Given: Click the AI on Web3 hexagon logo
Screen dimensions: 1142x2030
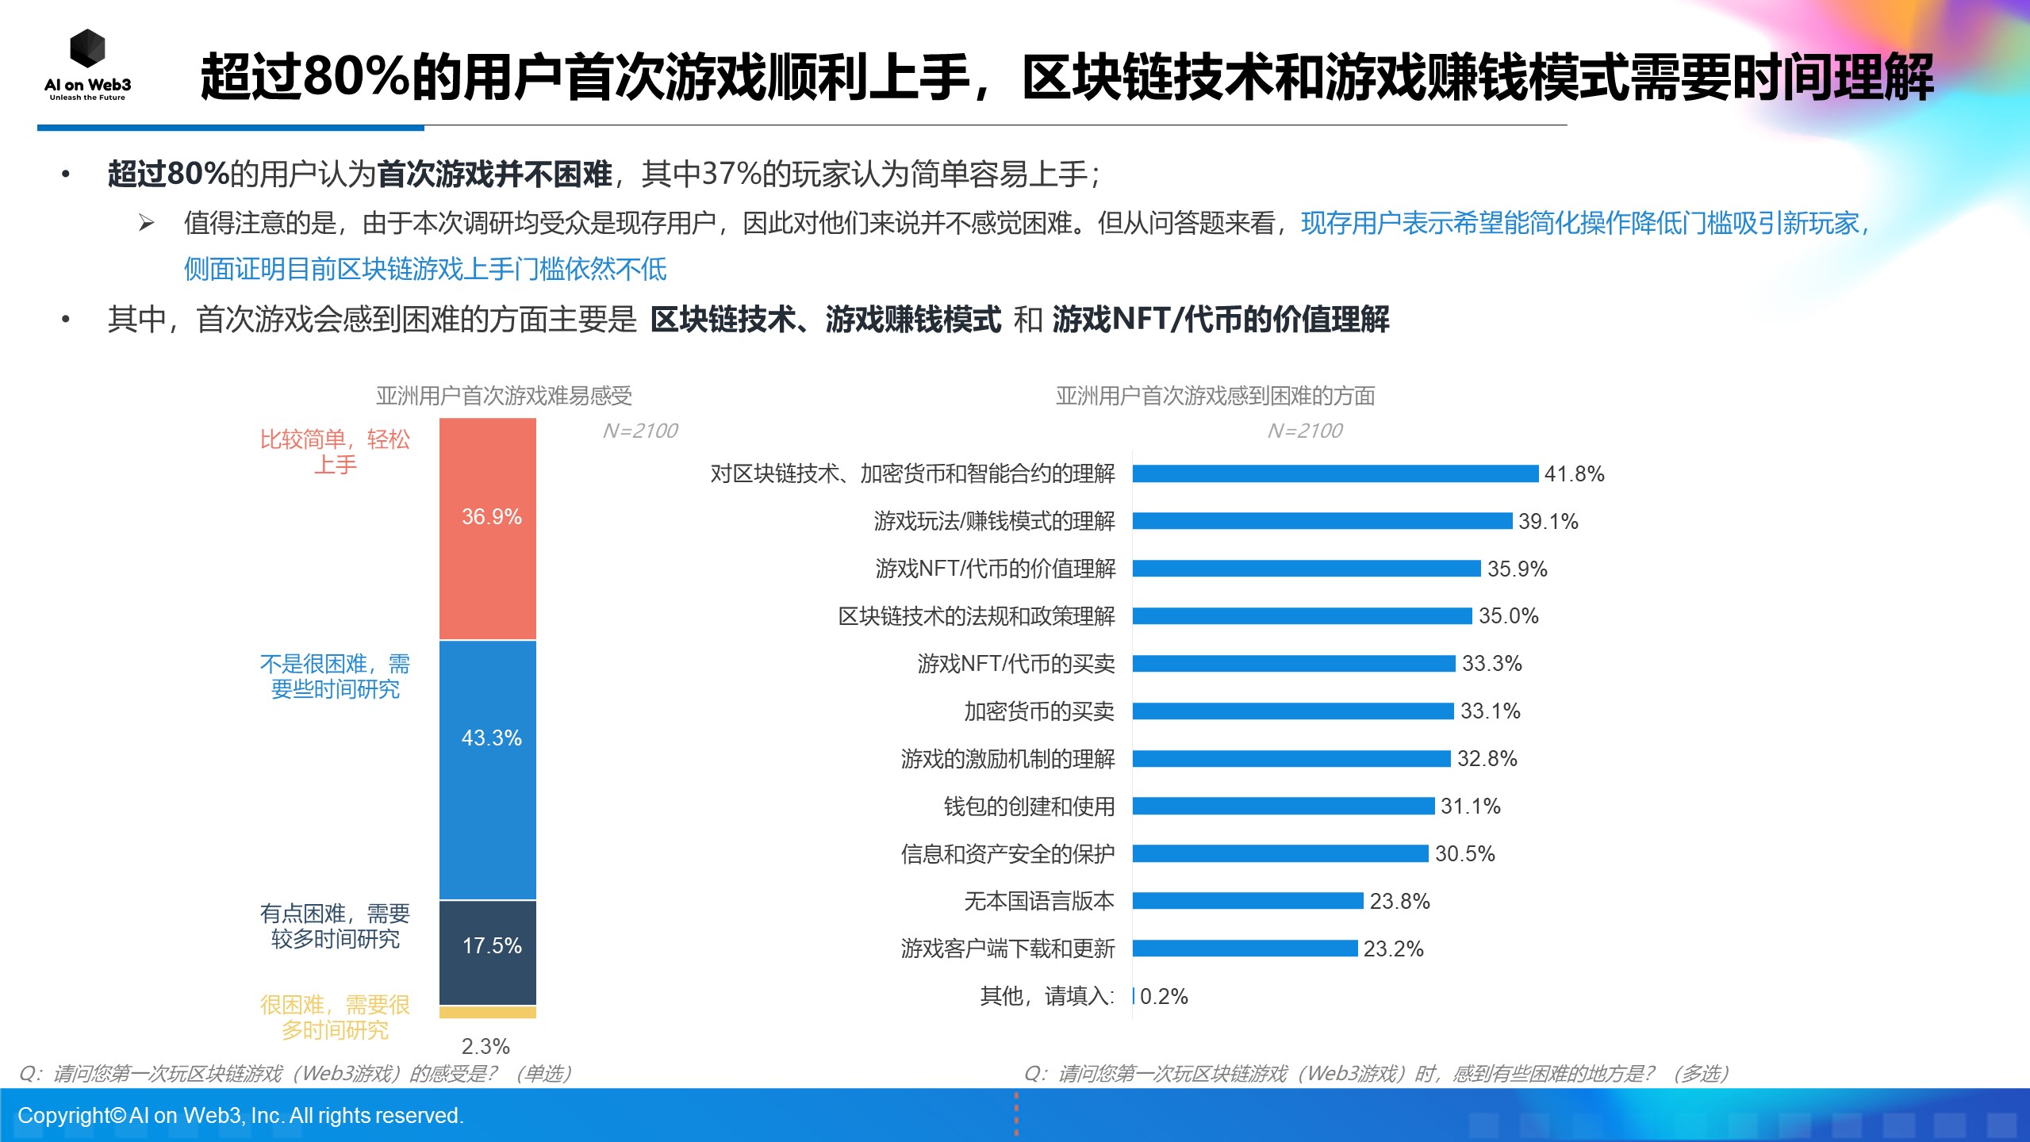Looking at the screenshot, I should (87, 49).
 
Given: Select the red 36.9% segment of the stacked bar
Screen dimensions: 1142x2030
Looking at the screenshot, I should (488, 528).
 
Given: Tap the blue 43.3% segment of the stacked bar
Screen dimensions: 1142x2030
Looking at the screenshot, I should (488, 769).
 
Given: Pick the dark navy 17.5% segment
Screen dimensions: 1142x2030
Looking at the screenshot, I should (488, 952).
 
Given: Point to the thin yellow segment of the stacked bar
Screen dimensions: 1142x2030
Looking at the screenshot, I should (488, 1012).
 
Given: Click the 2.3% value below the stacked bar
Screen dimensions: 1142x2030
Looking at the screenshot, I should (485, 1046).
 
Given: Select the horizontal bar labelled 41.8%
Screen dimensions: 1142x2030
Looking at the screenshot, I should (1334, 473).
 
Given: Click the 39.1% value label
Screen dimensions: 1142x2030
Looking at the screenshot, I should (1548, 521).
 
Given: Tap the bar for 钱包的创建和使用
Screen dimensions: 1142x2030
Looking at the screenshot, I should (1283, 806).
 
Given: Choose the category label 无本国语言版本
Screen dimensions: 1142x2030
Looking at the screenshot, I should (1038, 901).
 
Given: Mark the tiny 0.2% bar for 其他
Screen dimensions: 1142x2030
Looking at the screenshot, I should (1134, 996).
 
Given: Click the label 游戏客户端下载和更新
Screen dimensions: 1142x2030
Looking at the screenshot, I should (1007, 948).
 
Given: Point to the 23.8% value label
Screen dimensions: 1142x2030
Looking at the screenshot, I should (1399, 901).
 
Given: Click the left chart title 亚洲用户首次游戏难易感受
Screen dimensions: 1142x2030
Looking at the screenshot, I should (504, 395).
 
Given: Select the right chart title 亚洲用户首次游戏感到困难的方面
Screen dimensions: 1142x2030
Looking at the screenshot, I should (1215, 395).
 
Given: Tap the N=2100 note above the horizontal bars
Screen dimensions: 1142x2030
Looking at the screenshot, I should (1304, 431).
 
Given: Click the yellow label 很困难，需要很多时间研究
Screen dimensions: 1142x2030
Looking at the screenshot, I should (335, 1017).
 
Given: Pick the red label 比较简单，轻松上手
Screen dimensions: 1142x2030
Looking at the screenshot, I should (335, 451).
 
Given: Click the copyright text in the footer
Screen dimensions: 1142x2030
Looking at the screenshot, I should (240, 1115).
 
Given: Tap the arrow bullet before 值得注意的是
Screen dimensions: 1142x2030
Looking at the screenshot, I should (146, 223).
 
